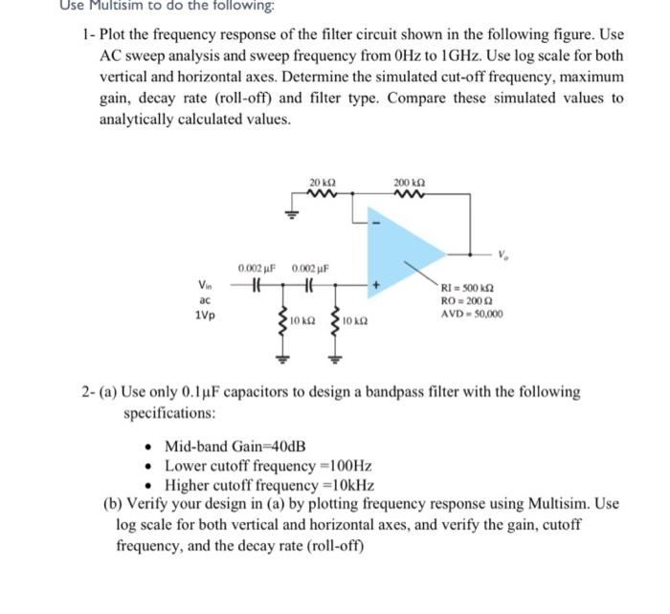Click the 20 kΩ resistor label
(322, 183)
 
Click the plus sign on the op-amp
(375, 284)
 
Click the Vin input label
(203, 283)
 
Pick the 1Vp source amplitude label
(203, 314)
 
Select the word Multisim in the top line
(100, 7)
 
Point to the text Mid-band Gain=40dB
(235, 447)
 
